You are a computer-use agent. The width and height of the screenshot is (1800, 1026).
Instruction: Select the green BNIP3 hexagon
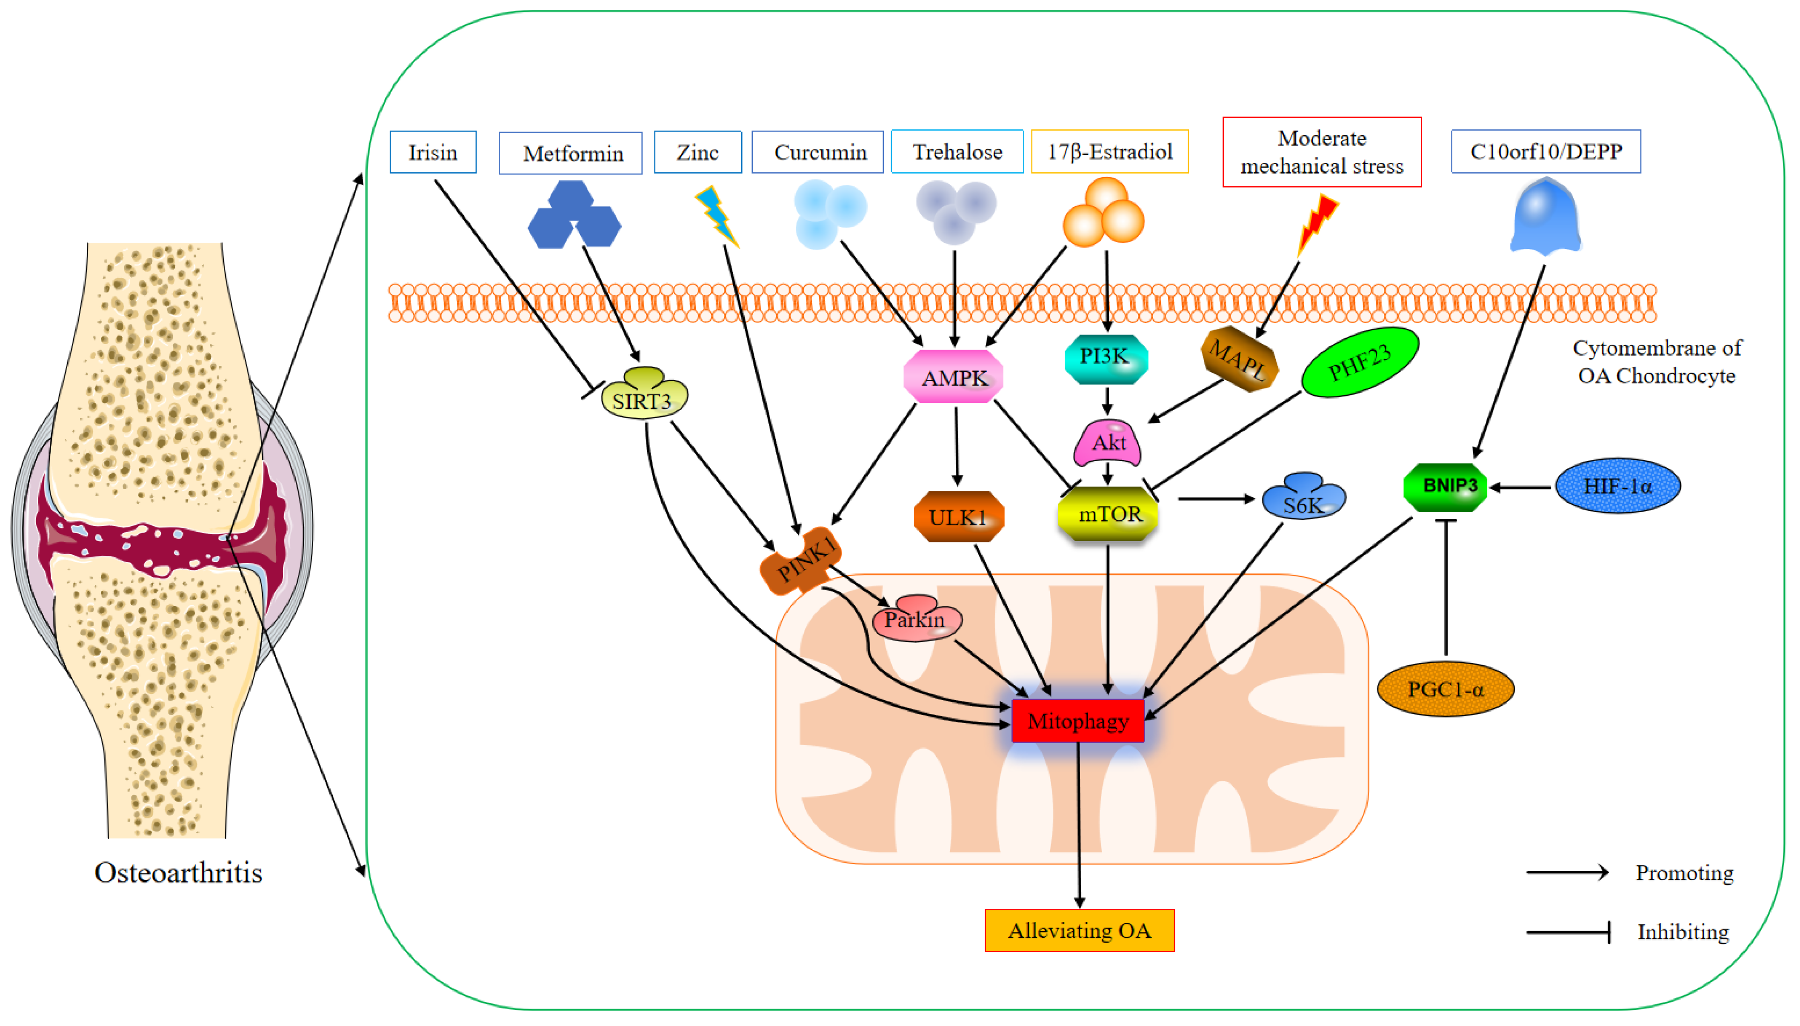[1445, 486]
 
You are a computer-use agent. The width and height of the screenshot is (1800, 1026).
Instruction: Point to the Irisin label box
[433, 152]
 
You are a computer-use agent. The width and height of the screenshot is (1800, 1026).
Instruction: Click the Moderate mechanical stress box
[1321, 152]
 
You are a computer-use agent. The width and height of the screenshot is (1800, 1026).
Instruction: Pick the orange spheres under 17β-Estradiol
[1103, 213]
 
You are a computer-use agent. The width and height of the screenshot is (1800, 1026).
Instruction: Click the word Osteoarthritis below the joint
[178, 872]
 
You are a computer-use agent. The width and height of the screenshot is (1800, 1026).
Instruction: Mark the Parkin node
[915, 618]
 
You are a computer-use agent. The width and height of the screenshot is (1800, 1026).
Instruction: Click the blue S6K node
[1303, 498]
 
